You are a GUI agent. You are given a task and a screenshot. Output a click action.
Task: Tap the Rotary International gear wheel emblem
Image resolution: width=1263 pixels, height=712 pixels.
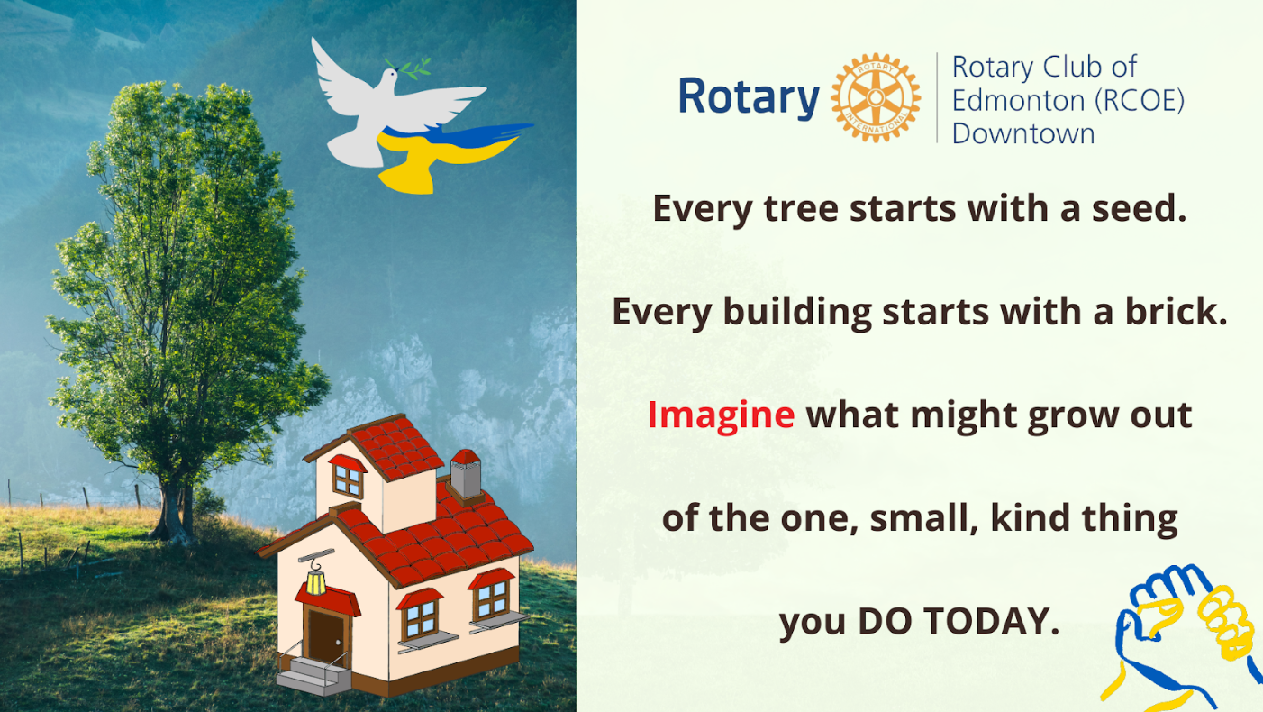click(876, 97)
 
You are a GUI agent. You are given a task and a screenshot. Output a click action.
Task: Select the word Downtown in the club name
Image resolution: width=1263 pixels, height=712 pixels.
click(1023, 133)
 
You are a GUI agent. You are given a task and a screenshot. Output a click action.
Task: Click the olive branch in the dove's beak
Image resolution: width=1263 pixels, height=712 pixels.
click(409, 68)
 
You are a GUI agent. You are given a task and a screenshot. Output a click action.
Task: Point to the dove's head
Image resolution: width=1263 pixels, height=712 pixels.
click(389, 76)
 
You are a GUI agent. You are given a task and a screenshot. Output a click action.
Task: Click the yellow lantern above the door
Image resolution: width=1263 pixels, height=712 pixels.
click(315, 581)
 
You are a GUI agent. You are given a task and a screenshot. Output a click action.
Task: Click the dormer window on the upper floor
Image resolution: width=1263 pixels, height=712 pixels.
click(348, 480)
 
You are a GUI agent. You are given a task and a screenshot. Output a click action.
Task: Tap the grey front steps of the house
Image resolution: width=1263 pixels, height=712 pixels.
click(313, 675)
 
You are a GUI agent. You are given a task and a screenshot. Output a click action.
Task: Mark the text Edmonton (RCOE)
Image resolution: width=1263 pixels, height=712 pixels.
click(1068, 100)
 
